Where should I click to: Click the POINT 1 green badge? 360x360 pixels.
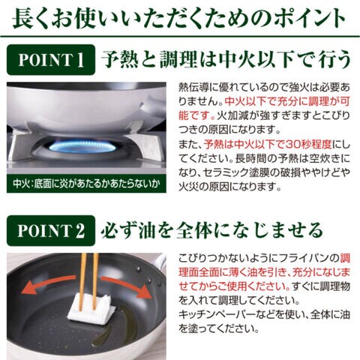tap(51, 60)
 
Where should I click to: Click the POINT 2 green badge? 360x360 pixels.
tap(51, 230)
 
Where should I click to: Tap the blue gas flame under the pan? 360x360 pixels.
tap(82, 147)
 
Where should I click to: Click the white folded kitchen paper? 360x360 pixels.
tap(91, 309)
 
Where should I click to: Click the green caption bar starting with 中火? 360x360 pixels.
tap(86, 184)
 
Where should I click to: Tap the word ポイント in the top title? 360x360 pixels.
tap(309, 18)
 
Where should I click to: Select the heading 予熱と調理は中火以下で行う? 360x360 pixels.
tap(226, 60)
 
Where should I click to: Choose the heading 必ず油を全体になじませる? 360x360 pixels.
tap(212, 230)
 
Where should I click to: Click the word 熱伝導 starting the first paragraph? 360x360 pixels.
tap(193, 88)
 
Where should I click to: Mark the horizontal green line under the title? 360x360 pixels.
tap(180, 37)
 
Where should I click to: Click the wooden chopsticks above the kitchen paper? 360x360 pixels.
tap(88, 281)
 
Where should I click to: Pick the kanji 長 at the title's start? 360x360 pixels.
tap(22, 18)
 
